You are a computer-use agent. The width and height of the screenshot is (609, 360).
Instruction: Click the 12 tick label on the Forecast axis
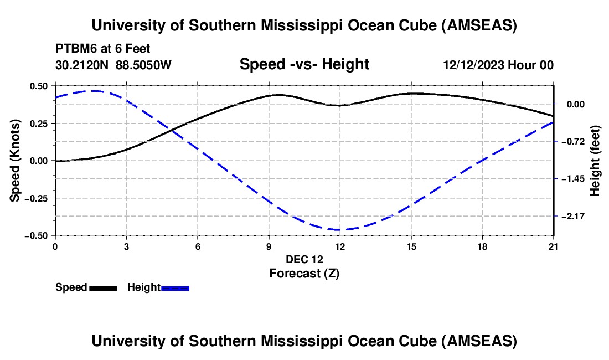pos(340,247)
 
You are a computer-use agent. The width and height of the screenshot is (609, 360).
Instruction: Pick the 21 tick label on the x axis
pos(554,247)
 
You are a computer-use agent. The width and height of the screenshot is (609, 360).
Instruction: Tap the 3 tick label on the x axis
pos(126,247)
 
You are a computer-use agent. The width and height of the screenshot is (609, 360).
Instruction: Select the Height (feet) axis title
pos(595,161)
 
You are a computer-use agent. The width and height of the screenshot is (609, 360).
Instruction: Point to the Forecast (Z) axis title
pos(303,273)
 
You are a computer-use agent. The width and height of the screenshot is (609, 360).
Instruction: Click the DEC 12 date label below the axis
pos(304,259)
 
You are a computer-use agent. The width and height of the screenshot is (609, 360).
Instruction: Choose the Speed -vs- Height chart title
pos(304,64)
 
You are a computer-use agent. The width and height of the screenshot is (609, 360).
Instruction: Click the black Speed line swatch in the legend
pos(103,287)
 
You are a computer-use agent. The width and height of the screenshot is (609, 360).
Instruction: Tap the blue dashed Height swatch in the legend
pos(175,287)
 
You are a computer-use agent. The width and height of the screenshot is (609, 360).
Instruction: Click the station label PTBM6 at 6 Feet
pos(102,49)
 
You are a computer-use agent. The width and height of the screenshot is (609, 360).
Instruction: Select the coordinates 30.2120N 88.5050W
pos(113,65)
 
